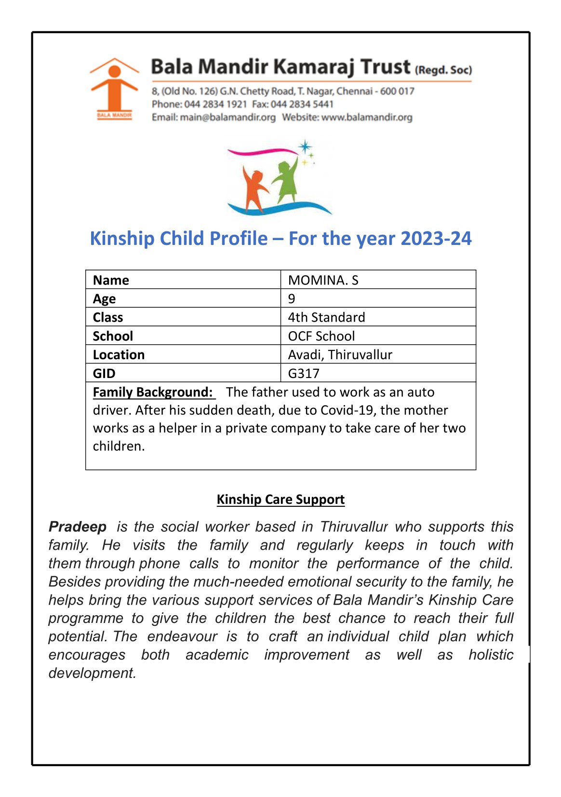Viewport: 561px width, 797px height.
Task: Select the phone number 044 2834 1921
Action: click(x=215, y=104)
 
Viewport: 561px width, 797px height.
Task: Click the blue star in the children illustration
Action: click(x=305, y=147)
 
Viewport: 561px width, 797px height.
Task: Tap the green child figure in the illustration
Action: click(x=286, y=181)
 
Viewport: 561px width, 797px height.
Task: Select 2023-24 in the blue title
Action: click(x=436, y=239)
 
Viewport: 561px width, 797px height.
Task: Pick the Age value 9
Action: click(x=292, y=298)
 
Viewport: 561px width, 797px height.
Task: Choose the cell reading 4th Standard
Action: click(x=326, y=317)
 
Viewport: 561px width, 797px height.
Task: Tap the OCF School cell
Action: click(x=321, y=336)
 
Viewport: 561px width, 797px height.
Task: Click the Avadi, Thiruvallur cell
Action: click(x=340, y=355)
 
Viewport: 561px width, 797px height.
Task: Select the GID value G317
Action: click(x=304, y=373)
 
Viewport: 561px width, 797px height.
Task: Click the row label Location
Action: click(x=119, y=355)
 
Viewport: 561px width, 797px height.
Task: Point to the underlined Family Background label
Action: click(x=153, y=392)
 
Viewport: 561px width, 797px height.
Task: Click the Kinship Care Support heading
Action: click(x=280, y=500)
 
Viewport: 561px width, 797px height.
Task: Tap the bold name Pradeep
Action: click(x=78, y=527)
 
